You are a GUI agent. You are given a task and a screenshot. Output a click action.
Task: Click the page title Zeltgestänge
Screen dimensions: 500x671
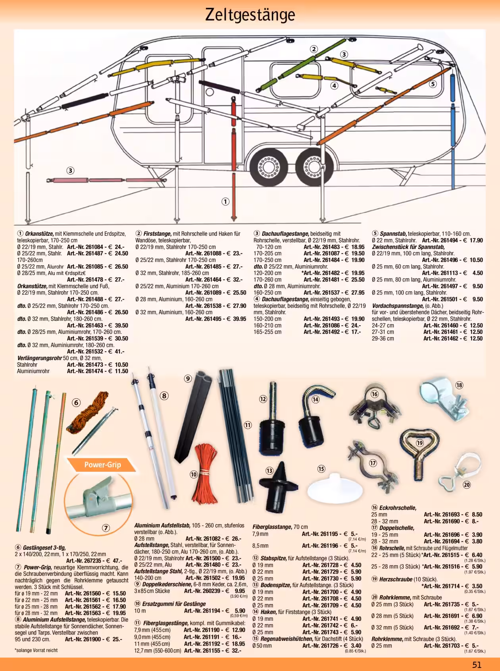pyautogui.click(x=250, y=15)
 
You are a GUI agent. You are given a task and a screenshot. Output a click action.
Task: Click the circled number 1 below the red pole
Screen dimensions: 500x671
pyautogui.click(x=225, y=201)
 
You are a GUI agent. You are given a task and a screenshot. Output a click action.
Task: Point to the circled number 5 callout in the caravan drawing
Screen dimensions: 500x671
pyautogui.click(x=433, y=84)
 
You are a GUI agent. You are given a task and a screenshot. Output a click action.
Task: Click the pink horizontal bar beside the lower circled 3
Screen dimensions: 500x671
pyautogui.click(x=91, y=181)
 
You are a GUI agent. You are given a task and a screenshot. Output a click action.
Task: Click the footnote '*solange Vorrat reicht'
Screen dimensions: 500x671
pyautogui.click(x=36, y=650)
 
